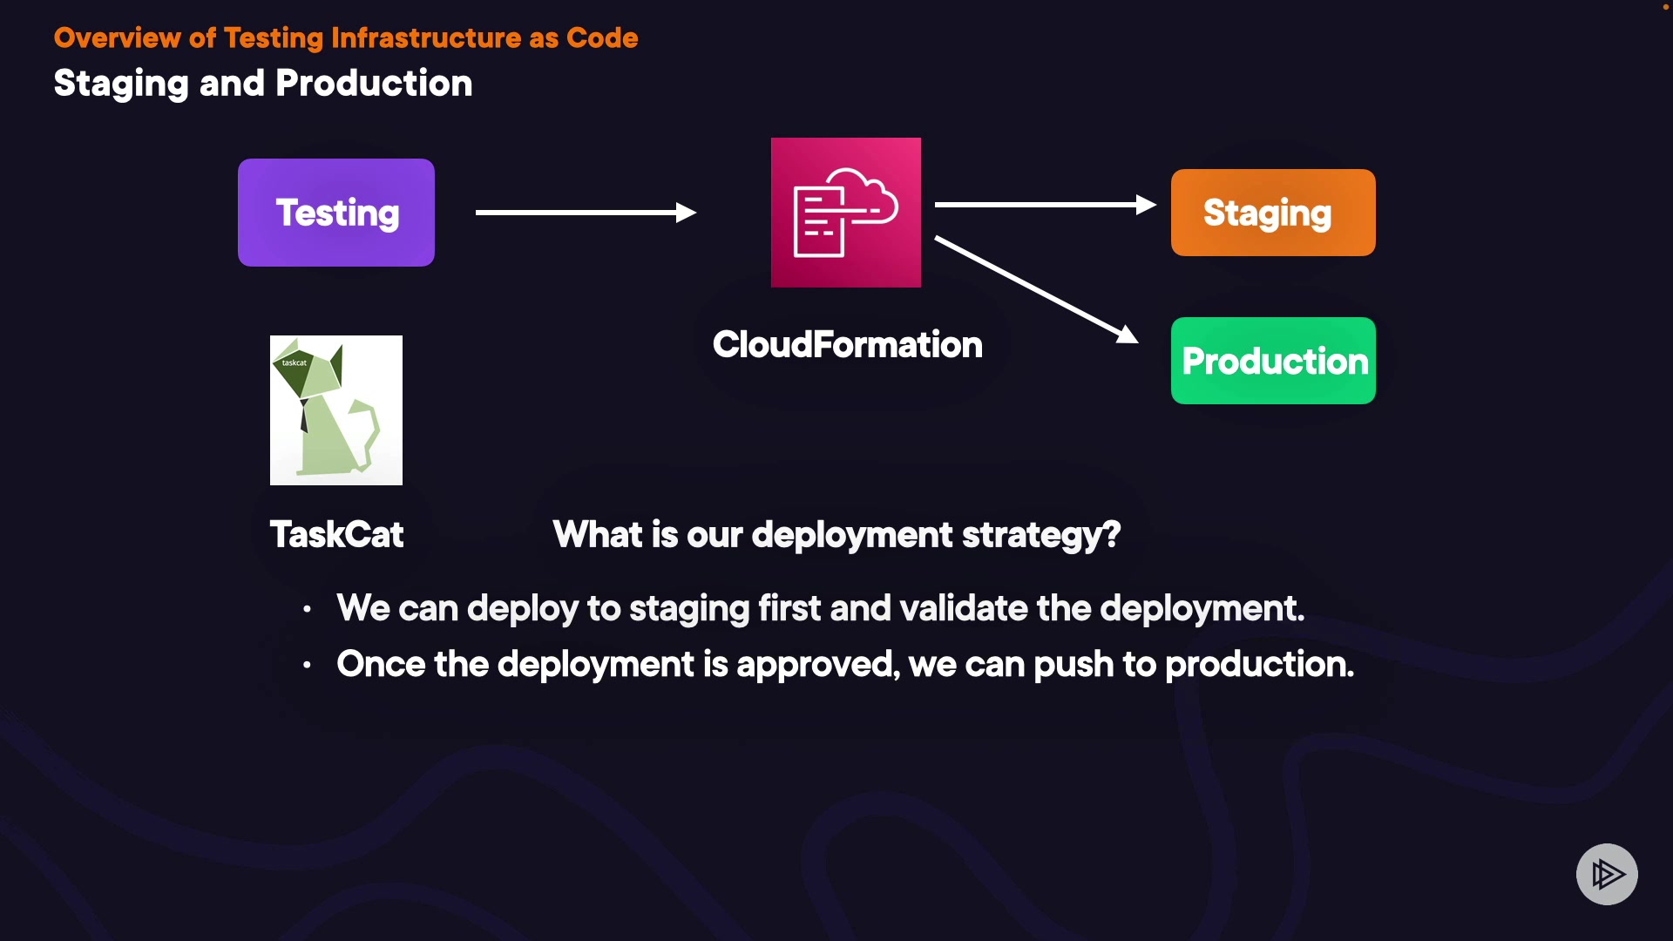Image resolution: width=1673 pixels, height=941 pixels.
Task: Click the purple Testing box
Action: [x=336, y=213]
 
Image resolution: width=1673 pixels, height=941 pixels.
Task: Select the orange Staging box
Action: [x=1273, y=213]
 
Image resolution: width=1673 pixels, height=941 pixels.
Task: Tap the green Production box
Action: [x=1273, y=361]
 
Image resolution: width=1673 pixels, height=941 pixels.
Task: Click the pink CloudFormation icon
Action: [x=845, y=213]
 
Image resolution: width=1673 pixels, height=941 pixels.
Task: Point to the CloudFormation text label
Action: [x=847, y=345]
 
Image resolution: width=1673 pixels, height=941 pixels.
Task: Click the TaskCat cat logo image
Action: [x=336, y=410]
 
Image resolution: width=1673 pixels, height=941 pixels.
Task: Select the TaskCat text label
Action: [x=336, y=535]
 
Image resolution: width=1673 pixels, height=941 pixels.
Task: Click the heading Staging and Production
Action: [x=262, y=84]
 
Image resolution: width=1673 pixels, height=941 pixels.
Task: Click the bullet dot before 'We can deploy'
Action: [x=307, y=610]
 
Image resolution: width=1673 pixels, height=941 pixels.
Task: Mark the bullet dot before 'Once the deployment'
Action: [x=307, y=666]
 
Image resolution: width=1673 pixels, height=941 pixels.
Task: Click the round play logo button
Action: [x=1607, y=874]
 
